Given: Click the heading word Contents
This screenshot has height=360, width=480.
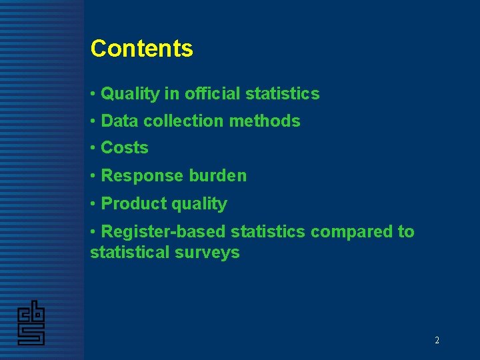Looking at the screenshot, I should (141, 48).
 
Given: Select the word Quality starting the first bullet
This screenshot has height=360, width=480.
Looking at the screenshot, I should (130, 94).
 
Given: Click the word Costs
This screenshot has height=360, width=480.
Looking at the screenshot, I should (125, 148).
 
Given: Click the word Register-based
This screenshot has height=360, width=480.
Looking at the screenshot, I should (164, 232).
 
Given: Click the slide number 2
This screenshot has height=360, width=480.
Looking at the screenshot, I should (437, 340).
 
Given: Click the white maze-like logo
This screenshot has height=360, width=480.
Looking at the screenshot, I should (31, 323).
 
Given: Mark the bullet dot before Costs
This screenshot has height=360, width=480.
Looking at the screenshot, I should (93, 148).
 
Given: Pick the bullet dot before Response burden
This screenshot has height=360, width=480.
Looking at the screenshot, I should (93, 176).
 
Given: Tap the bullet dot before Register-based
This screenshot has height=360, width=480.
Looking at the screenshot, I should (93, 232).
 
